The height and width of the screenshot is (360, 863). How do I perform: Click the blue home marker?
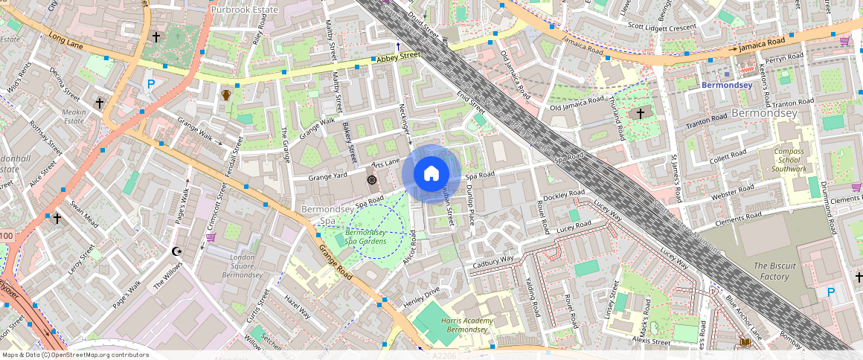431,174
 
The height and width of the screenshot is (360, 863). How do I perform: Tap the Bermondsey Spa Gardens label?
365,237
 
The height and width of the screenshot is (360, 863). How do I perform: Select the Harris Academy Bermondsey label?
468,324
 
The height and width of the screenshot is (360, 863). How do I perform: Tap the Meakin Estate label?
74,116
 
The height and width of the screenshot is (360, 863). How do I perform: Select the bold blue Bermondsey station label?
727,86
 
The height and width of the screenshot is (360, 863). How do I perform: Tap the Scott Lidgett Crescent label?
662,27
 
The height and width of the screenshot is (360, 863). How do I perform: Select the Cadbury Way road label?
493,261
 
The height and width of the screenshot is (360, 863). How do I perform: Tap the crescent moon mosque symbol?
177,252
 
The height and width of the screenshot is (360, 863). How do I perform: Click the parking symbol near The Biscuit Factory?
830,293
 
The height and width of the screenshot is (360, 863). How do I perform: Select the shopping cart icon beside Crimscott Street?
211,237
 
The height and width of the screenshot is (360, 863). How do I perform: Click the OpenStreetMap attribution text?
76,355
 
